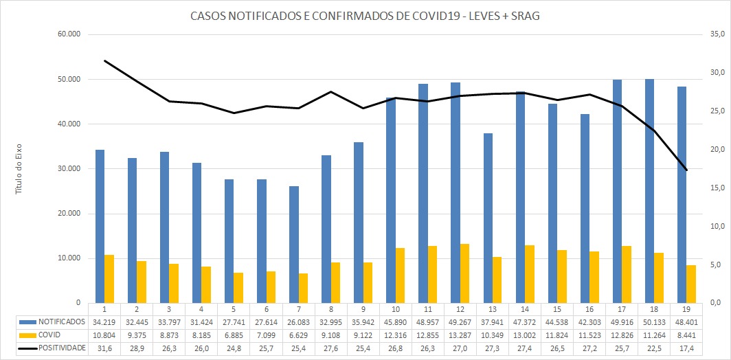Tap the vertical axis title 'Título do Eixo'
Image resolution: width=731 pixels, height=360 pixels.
point(20,168)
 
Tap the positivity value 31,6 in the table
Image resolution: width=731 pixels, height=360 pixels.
point(104,348)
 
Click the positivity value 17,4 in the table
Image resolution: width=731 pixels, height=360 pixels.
point(686,348)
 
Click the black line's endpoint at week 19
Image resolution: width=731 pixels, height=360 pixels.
point(686,170)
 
